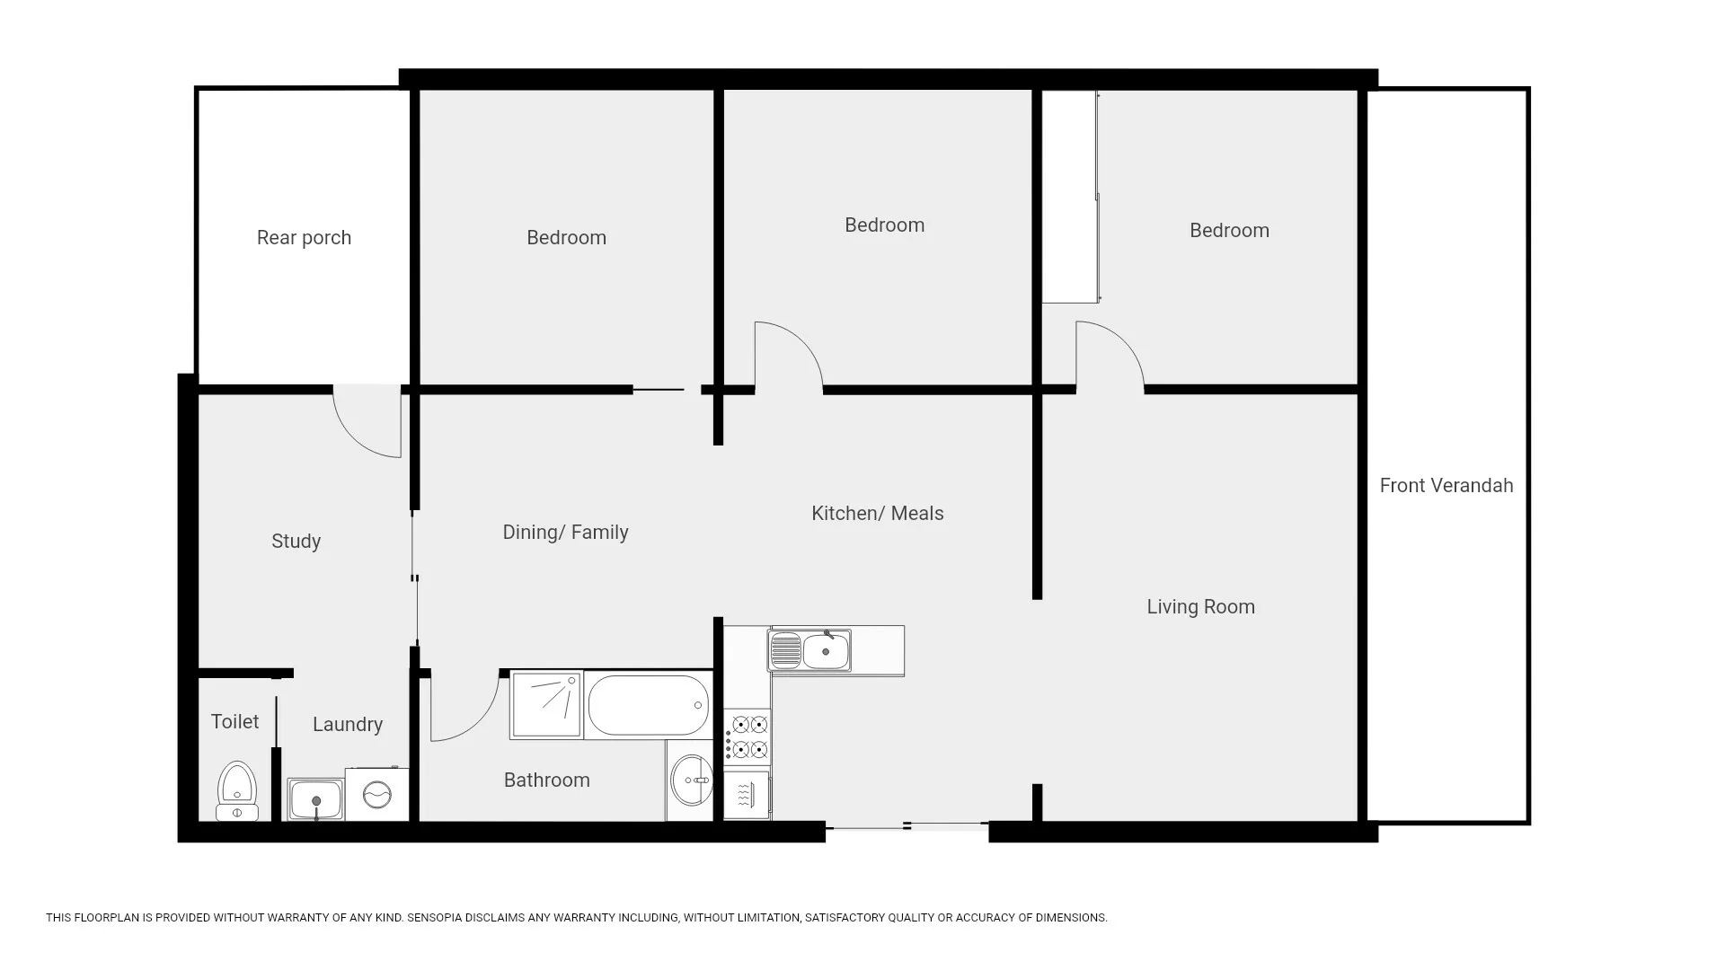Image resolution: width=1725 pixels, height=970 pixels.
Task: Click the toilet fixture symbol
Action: [x=237, y=791]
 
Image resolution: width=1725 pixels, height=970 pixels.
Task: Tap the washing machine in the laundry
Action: [x=376, y=794]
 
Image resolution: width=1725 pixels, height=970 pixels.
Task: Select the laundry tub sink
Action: [x=315, y=798]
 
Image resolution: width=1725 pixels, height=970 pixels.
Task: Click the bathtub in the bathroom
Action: [x=648, y=705]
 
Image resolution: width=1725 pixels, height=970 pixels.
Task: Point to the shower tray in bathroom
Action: [x=546, y=705]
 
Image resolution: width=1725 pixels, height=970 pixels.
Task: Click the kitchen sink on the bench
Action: [x=809, y=650]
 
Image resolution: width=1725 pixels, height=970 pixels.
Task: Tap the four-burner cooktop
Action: [x=748, y=736]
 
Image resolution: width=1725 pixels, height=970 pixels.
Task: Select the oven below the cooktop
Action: [x=747, y=794]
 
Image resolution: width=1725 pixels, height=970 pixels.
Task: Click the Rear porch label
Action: [x=304, y=238]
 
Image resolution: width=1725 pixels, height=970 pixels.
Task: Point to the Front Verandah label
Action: [x=1446, y=486]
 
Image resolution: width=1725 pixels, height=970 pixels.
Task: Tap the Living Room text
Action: [x=1200, y=607]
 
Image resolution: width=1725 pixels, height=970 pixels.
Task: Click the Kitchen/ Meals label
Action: [x=877, y=514]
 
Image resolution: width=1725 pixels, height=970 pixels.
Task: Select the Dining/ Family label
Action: [x=565, y=533]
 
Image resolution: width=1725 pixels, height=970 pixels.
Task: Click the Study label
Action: [x=296, y=542]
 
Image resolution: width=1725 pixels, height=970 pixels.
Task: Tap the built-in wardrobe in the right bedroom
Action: [x=1069, y=198]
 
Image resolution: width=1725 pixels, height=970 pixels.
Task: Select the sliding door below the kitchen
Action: [x=907, y=826]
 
